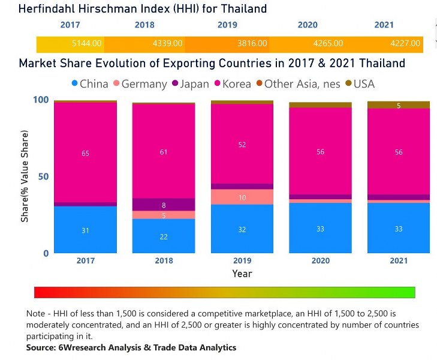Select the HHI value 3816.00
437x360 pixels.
pos(248,44)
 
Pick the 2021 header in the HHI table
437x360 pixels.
pos(384,25)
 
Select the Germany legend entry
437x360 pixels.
pos(139,84)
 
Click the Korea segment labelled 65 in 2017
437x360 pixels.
pos(85,154)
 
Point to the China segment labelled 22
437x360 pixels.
pos(164,236)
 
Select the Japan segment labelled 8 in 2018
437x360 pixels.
pos(164,205)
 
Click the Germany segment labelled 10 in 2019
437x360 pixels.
pos(242,197)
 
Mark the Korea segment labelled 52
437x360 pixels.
pos(242,145)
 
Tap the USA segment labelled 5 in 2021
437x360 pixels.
pos(399,106)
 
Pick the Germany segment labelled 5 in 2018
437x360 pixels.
pos(164,215)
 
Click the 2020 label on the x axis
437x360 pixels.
pos(320,260)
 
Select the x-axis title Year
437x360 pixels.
pos(242,274)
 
